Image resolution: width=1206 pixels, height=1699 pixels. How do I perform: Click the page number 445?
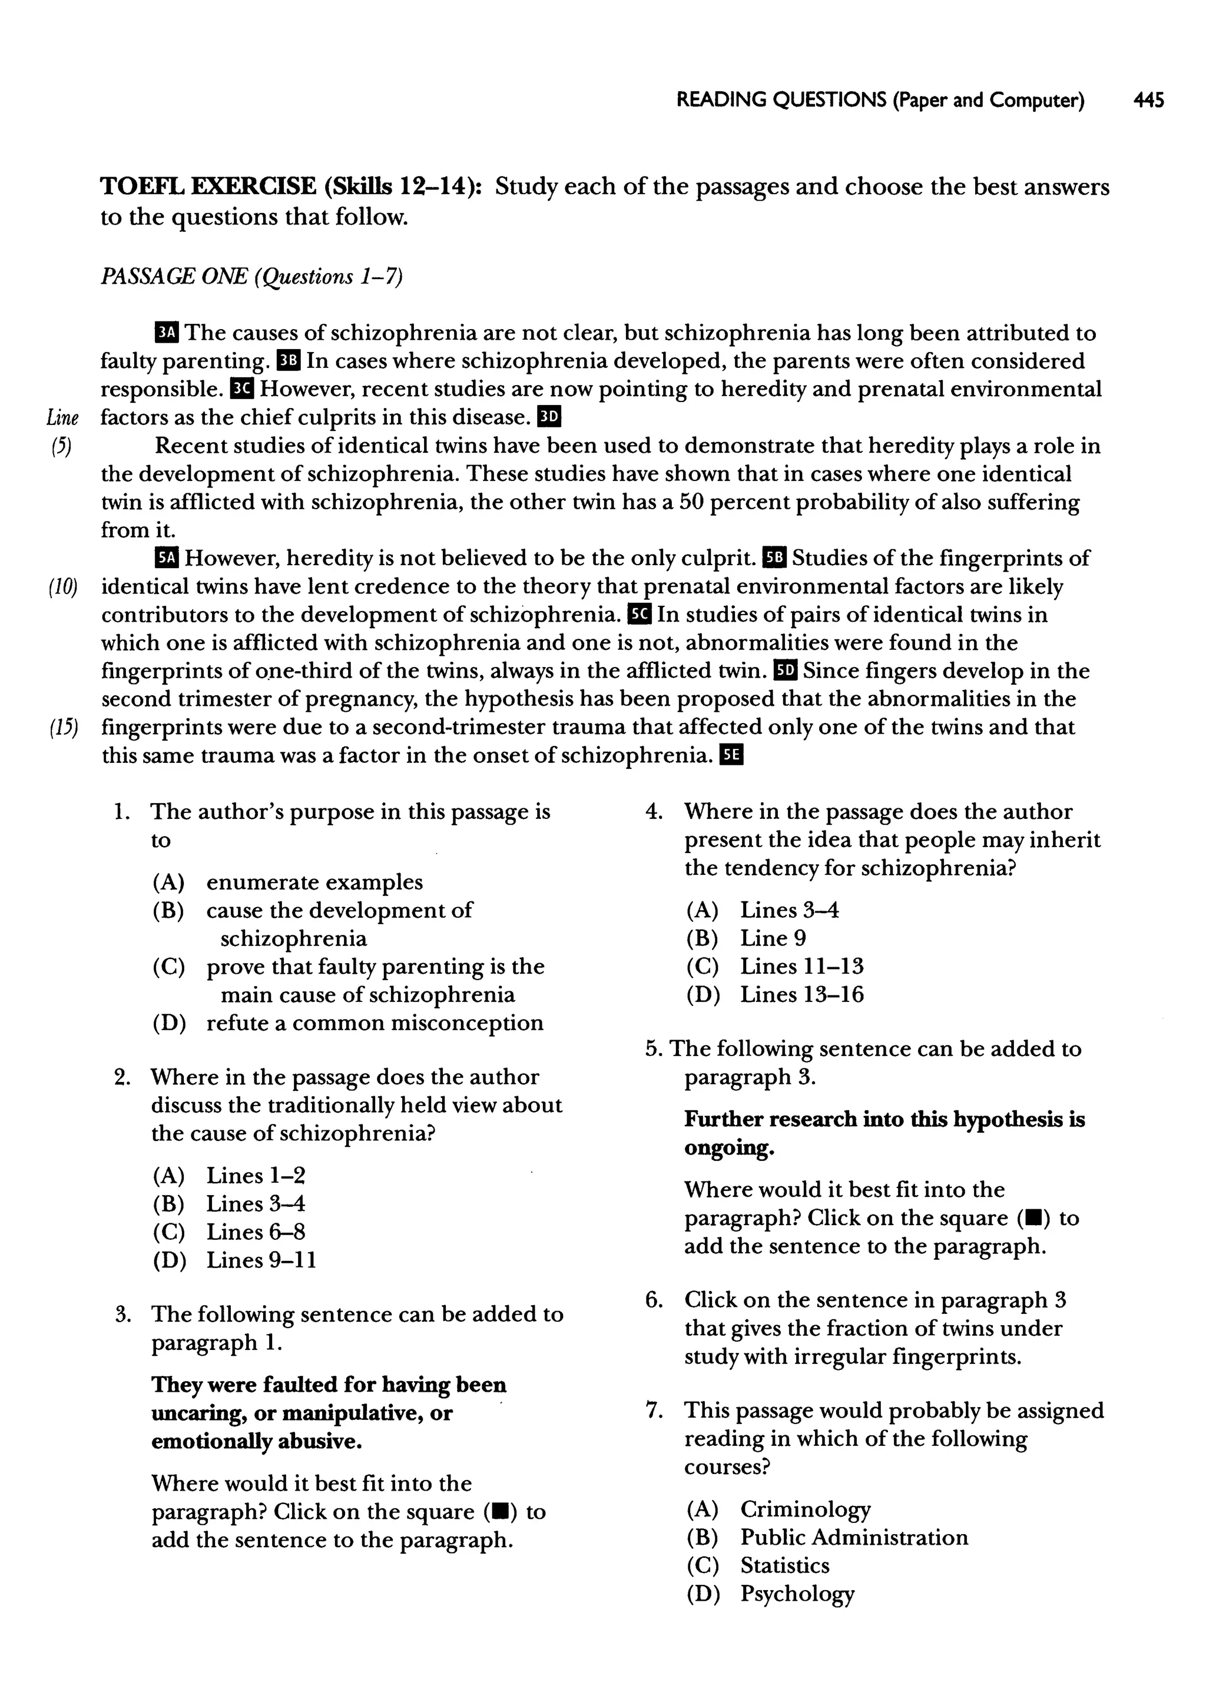point(1149,99)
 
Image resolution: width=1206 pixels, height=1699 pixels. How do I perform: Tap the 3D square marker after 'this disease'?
point(549,417)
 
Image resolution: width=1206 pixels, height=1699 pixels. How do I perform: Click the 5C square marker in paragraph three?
point(640,615)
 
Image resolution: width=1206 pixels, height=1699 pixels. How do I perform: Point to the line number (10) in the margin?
point(63,587)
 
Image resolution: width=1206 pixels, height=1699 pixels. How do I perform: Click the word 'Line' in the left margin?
point(62,417)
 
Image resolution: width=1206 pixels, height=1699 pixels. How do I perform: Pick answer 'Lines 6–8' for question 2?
point(256,1232)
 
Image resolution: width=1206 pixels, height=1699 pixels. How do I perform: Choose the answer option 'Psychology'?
point(797,1594)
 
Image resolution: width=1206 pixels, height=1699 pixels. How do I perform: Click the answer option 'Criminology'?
point(805,1509)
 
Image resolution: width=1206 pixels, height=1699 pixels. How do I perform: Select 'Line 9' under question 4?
point(773,938)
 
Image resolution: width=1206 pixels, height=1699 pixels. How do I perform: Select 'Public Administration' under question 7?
point(854,1537)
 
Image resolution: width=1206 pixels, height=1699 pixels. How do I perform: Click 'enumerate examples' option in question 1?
point(314,882)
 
